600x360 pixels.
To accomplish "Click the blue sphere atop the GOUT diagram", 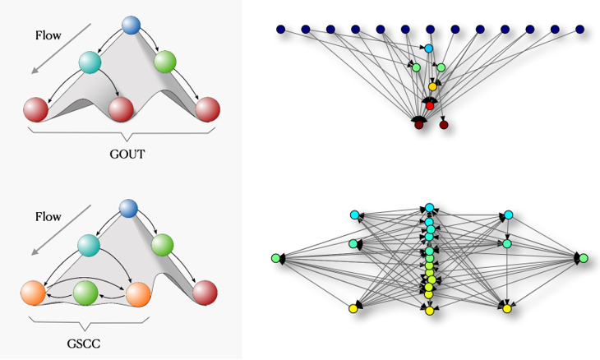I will pos(132,25).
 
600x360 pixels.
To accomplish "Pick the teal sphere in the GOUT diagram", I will pos(90,62).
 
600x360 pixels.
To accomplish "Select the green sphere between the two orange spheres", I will pos(85,292).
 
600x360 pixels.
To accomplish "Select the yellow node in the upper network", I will pos(432,86).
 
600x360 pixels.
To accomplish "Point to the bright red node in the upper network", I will pos(429,105).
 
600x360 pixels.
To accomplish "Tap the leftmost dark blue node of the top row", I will pos(280,30).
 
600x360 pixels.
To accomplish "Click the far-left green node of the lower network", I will pos(275,258).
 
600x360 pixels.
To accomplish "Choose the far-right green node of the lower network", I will pos(584,258).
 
